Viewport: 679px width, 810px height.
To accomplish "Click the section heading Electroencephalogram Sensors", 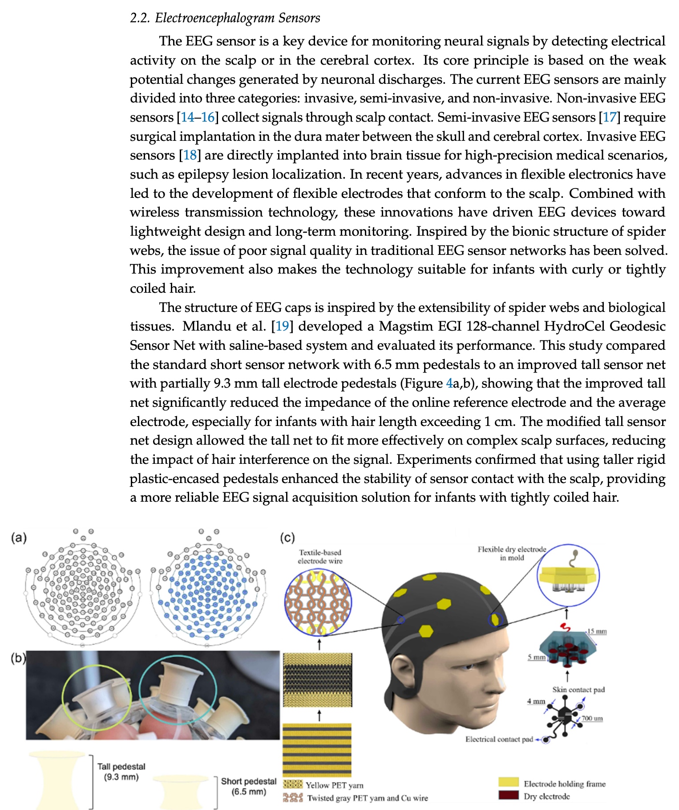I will [x=225, y=18].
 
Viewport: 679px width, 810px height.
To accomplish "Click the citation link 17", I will [x=609, y=117].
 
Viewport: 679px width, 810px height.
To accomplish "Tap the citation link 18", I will [x=190, y=155].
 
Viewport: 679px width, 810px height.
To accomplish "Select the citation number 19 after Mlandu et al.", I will [x=282, y=326].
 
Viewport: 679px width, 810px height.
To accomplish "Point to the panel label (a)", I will [x=19, y=537].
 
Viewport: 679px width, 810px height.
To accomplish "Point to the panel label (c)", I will [x=287, y=537].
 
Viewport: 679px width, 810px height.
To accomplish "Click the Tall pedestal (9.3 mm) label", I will [x=121, y=771].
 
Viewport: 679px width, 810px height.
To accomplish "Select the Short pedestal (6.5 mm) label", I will [x=249, y=786].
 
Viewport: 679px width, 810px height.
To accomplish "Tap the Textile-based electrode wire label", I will [x=320, y=556].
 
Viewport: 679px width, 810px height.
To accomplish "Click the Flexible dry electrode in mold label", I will [x=512, y=553].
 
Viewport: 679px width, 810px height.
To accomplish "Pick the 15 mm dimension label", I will [x=597, y=631].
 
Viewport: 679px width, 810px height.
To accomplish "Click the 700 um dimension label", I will [x=592, y=718].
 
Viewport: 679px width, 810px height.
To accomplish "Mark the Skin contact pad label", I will [x=578, y=689].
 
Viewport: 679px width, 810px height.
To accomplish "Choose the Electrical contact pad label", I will [x=499, y=739].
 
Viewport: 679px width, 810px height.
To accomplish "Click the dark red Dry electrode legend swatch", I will [x=509, y=795].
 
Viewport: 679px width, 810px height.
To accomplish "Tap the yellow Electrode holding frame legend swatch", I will [x=509, y=782].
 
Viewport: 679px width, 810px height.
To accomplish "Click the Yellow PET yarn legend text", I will [x=334, y=785].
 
